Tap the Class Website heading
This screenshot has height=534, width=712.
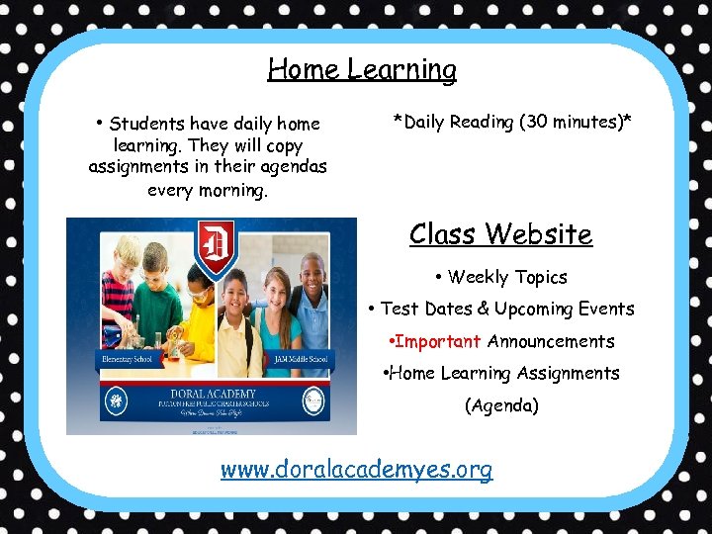pyautogui.click(x=500, y=234)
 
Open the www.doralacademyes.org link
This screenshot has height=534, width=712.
pyautogui.click(x=356, y=469)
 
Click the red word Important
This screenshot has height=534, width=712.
pyautogui.click(x=437, y=341)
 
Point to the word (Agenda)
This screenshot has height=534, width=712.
pyautogui.click(x=501, y=405)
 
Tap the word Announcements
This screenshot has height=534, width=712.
pyautogui.click(x=551, y=341)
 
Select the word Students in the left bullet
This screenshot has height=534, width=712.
pyautogui.click(x=148, y=124)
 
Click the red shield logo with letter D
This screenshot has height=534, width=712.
pyautogui.click(x=216, y=243)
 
